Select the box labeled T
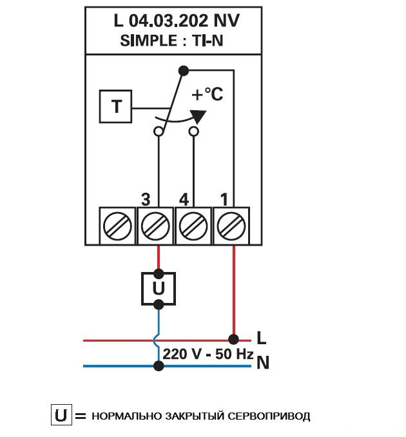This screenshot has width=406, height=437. tap(116, 106)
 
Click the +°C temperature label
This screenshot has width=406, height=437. tap(208, 95)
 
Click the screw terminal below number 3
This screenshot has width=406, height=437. tap(155, 226)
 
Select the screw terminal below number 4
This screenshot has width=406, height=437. tap(193, 226)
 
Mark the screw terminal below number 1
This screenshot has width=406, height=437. tap(231, 226)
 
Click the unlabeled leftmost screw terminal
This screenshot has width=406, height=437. tap(117, 226)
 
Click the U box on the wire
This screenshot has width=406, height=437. tap(159, 288)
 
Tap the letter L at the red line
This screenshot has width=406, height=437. tap(261, 337)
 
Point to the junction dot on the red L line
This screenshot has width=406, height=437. tap(233, 338)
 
